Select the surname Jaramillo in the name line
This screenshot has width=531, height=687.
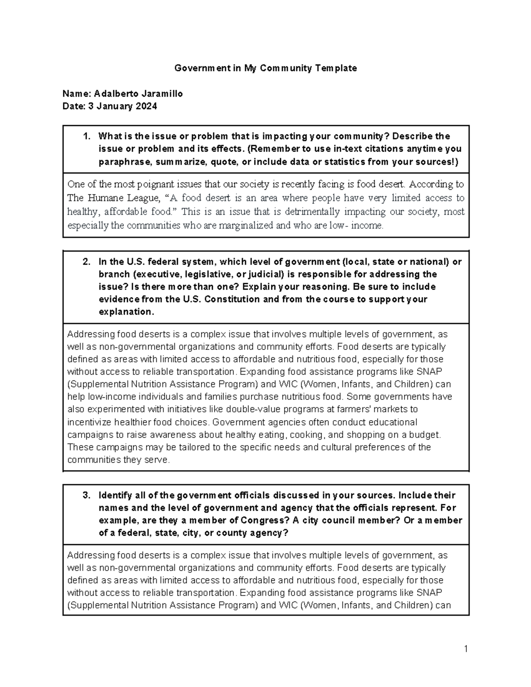coord(162,94)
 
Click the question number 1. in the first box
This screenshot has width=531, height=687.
coord(87,136)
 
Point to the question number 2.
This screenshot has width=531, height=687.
coord(87,262)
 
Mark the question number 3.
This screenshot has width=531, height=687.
coord(87,495)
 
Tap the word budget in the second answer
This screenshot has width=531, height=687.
coord(420,434)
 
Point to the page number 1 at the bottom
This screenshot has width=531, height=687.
coord(466,649)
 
